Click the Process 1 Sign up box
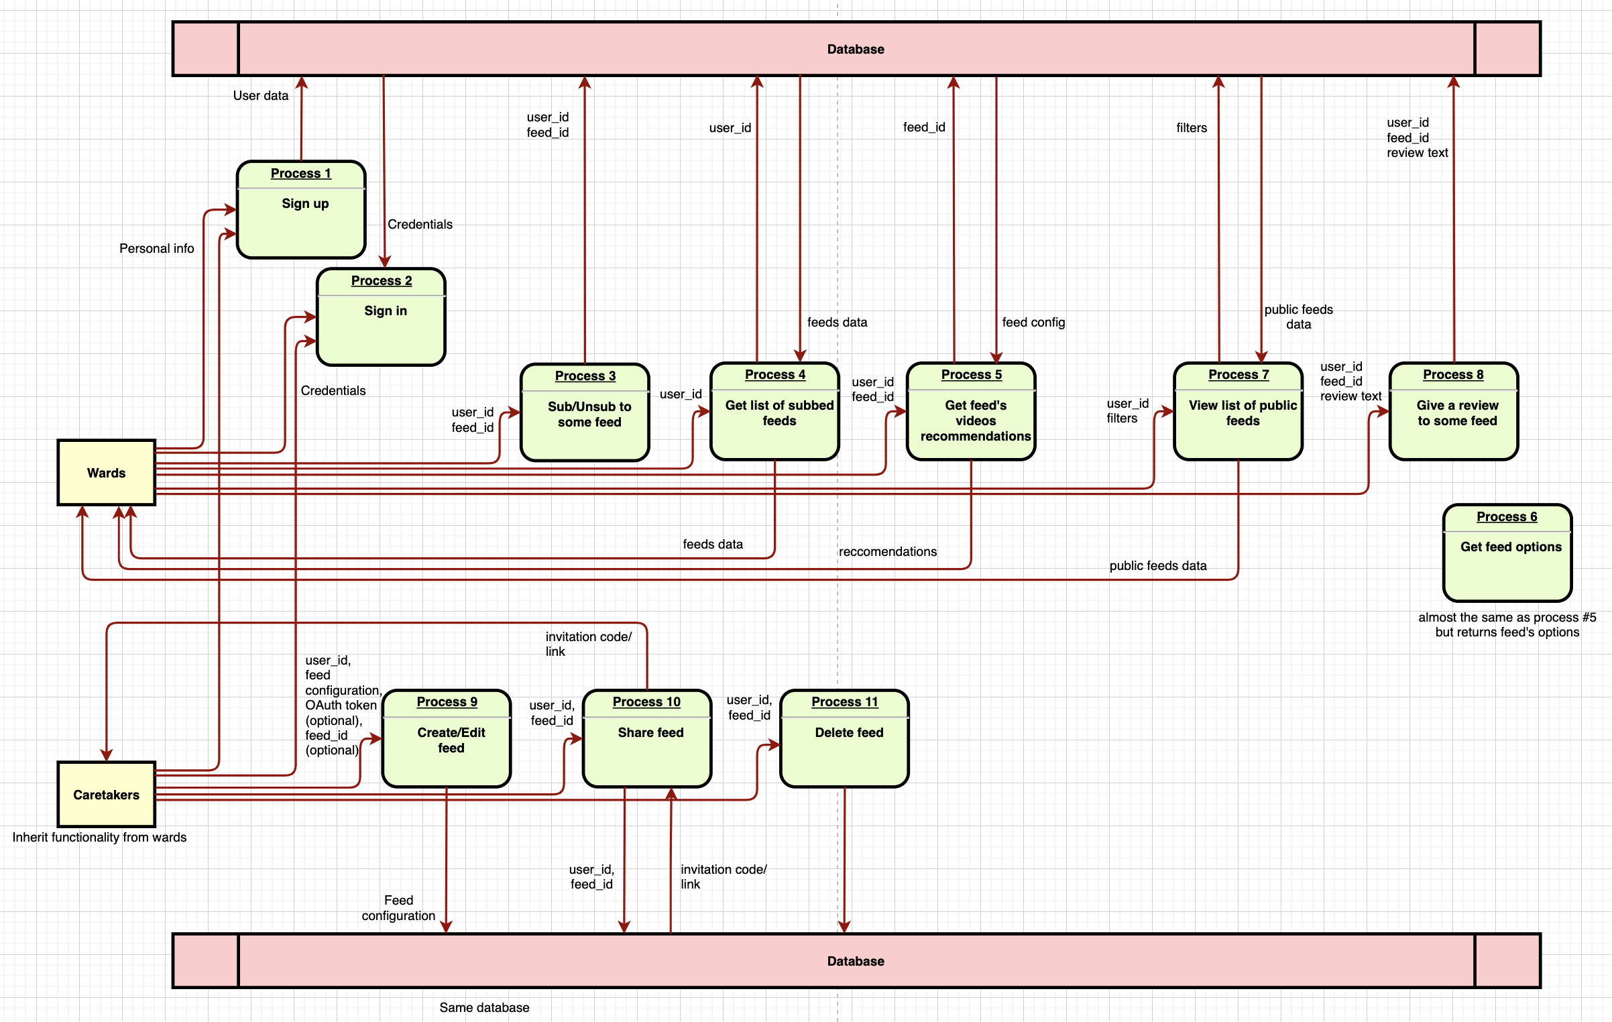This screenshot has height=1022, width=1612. [x=301, y=210]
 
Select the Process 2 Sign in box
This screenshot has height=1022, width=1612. [x=381, y=317]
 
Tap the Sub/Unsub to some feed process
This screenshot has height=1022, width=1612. [x=585, y=413]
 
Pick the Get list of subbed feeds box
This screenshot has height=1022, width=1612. [x=774, y=412]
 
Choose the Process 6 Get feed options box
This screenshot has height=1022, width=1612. [x=1507, y=554]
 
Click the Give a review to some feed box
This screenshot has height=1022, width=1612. [x=1454, y=412]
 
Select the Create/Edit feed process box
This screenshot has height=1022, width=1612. [x=447, y=739]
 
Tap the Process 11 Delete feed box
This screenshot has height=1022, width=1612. [x=844, y=739]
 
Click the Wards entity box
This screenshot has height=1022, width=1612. [x=106, y=473]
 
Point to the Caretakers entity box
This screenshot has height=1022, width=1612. [x=106, y=795]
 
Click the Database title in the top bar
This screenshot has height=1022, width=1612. [x=855, y=49]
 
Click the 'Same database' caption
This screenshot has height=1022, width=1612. [x=484, y=1007]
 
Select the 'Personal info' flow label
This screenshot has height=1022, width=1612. [x=156, y=249]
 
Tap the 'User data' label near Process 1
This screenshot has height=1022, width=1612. [x=260, y=96]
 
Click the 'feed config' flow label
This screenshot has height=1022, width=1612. [x=1033, y=323]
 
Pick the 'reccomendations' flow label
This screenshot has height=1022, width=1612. [x=887, y=552]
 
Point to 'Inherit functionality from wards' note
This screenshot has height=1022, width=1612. [x=99, y=838]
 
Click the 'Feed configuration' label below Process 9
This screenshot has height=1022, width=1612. [x=398, y=908]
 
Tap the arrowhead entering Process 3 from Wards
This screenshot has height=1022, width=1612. [x=516, y=412]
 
